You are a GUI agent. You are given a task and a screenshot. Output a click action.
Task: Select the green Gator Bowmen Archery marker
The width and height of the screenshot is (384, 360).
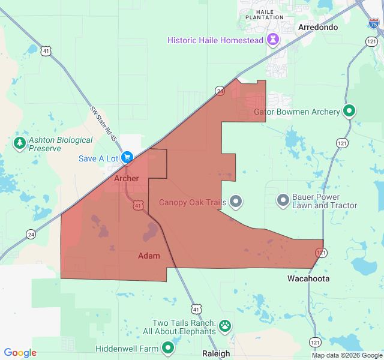[x=349, y=111]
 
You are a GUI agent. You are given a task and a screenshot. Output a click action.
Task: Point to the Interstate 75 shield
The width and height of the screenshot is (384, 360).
[x=374, y=23]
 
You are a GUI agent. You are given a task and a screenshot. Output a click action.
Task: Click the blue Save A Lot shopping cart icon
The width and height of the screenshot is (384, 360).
[x=127, y=158]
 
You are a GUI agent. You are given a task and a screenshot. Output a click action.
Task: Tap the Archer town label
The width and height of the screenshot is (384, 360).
[x=127, y=179]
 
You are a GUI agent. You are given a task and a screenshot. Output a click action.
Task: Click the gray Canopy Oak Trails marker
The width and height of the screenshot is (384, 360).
[x=236, y=202]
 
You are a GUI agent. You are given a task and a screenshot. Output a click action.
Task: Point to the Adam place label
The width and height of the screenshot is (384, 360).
[x=149, y=256]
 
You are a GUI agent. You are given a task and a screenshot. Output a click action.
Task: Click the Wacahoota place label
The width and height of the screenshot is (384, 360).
[x=308, y=279]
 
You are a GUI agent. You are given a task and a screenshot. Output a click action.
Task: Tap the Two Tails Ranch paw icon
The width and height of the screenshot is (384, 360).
[x=225, y=326]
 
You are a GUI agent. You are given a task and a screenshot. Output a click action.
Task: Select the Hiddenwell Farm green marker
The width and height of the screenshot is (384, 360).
[x=168, y=348]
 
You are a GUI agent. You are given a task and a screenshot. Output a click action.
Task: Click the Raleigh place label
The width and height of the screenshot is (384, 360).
[x=215, y=353]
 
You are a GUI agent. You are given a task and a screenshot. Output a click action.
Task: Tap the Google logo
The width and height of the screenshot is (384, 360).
[x=20, y=353]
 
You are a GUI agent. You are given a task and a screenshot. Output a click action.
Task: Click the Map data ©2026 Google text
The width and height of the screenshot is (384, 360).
[x=346, y=355]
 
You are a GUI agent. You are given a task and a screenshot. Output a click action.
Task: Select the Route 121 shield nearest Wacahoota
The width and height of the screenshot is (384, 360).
[x=322, y=253]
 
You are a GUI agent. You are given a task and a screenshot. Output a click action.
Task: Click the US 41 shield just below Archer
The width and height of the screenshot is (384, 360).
[x=138, y=206]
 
